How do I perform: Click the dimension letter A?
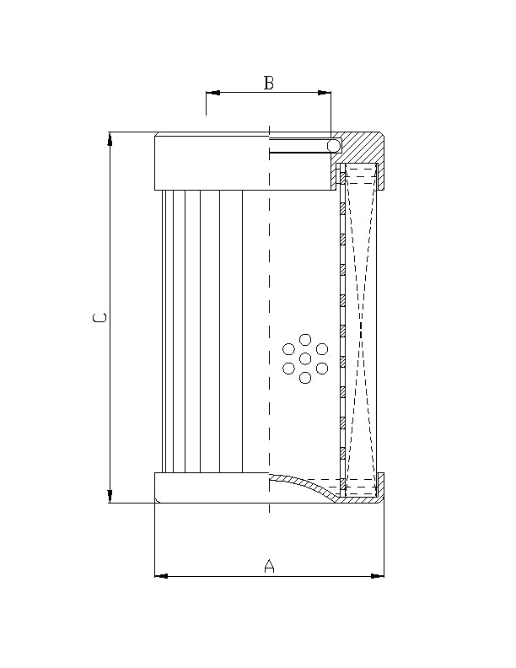tap(270, 566)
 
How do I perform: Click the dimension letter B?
tap(269, 83)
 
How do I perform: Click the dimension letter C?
tap(100, 318)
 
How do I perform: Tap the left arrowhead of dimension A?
tap(161, 576)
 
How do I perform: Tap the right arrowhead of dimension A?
tap(378, 576)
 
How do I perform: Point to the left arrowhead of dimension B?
tap(212, 93)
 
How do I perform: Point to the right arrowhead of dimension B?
tap(325, 93)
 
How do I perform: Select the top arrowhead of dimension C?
tap(110, 138)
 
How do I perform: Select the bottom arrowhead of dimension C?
tap(110, 496)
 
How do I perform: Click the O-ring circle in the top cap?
tap(335, 146)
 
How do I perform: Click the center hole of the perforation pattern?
tap(305, 358)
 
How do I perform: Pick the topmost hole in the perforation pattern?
tap(305, 339)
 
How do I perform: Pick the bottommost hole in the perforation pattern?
tap(305, 378)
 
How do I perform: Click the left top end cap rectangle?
tap(211, 162)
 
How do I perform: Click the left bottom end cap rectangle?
tap(211, 488)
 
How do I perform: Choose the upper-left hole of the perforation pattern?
tap(289, 349)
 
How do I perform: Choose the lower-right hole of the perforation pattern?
tap(322, 369)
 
